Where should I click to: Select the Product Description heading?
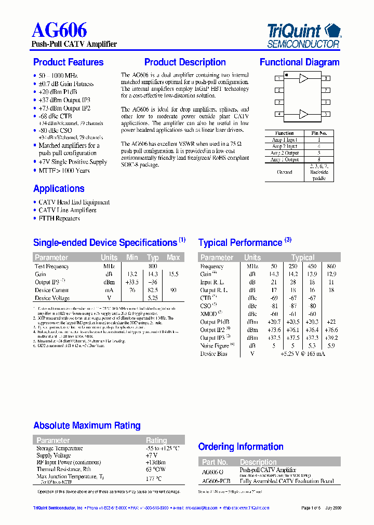(185, 62)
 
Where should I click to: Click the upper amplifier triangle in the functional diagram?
(303, 78)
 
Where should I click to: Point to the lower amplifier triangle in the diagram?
(303, 114)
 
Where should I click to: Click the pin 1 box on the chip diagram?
(279, 78)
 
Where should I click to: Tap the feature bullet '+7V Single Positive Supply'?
(73, 162)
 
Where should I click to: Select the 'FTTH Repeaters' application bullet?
(59, 218)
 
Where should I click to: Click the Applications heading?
(59, 189)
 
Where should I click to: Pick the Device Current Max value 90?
(173, 291)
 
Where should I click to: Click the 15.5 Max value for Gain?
(173, 274)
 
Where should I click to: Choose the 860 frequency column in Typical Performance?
(330, 266)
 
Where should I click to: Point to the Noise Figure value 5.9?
(330, 346)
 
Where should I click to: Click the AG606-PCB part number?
(216, 481)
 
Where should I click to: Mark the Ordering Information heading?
(241, 447)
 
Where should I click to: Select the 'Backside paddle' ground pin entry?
(319, 175)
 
